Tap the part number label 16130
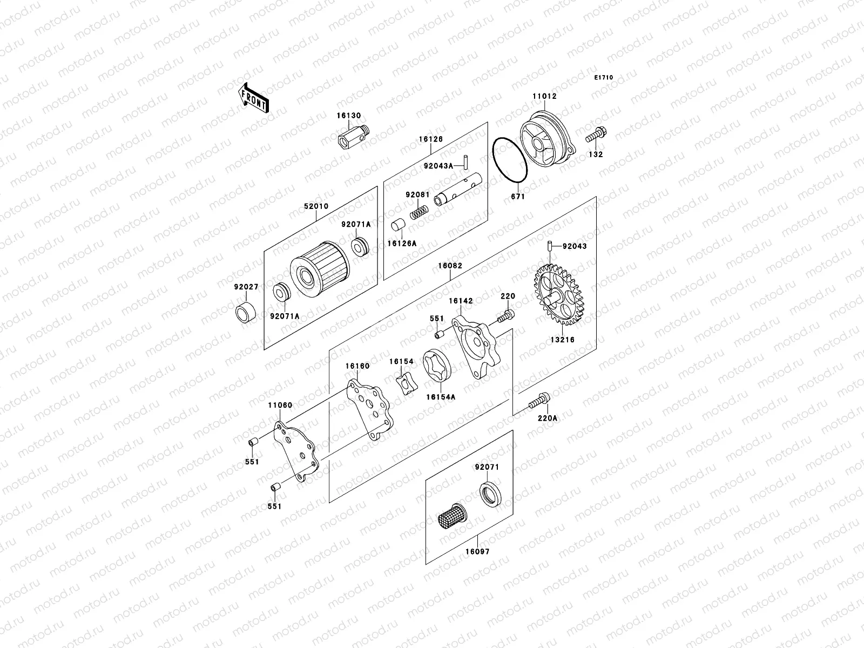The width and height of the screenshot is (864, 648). point(349,116)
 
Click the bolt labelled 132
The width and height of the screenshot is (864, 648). point(595,133)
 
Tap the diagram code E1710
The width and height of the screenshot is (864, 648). point(604,78)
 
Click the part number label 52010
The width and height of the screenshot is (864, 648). point(316,206)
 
